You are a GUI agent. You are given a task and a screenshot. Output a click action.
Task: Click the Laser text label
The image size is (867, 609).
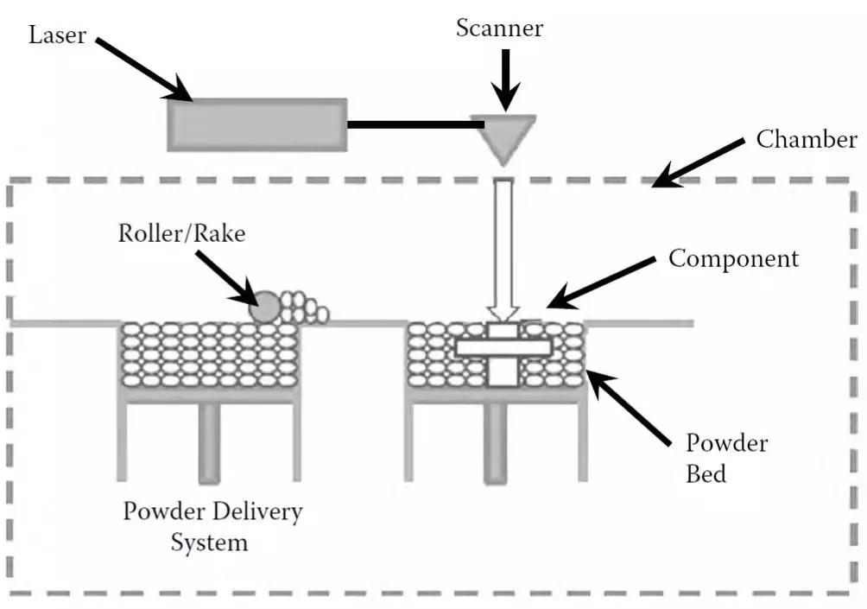click(57, 35)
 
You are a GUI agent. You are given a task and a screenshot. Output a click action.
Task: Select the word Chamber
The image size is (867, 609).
click(807, 139)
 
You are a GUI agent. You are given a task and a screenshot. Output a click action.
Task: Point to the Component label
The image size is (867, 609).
click(734, 258)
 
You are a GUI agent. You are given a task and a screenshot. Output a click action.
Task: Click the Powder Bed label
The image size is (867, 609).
click(726, 459)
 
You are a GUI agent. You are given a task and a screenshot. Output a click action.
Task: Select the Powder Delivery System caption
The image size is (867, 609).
click(212, 526)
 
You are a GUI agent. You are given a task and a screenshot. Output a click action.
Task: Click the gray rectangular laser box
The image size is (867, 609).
click(256, 124)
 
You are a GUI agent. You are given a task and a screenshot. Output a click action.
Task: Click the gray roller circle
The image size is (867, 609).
click(265, 307)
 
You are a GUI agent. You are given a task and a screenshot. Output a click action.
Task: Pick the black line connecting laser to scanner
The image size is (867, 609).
click(415, 124)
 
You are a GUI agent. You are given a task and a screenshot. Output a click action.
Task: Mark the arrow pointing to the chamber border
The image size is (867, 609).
click(696, 162)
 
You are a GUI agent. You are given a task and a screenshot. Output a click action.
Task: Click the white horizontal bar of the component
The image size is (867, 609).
click(503, 347)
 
